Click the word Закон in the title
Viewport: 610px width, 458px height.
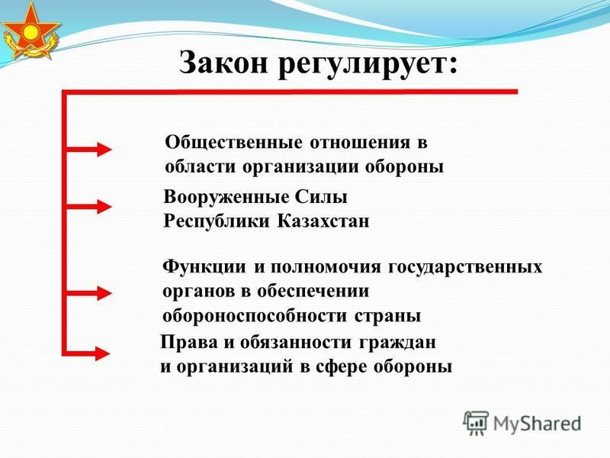(223, 63)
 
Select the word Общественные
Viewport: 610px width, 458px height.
(233, 143)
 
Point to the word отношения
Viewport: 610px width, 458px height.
(360, 144)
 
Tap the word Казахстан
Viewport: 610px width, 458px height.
(323, 221)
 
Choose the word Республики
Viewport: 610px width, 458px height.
(217, 222)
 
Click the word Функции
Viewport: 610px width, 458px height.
(204, 268)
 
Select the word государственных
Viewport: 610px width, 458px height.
(465, 268)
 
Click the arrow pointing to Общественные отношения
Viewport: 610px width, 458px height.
(89, 149)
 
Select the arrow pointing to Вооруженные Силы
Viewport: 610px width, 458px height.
(89, 206)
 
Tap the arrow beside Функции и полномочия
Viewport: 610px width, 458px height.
(89, 293)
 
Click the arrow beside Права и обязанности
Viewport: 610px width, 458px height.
(88, 353)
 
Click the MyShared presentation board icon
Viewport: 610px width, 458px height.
(475, 423)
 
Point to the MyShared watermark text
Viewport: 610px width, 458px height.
(537, 424)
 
